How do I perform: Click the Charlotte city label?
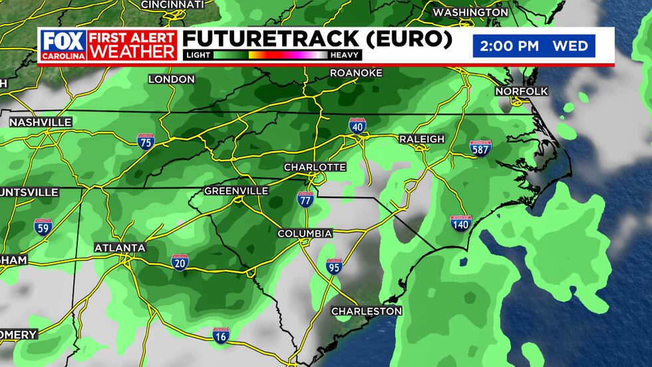[x=315, y=167]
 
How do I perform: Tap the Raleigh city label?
[x=421, y=139]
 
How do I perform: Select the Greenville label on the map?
[x=236, y=191]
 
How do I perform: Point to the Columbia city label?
[x=305, y=234]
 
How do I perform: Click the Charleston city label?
[x=367, y=311]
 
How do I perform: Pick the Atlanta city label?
[x=120, y=248]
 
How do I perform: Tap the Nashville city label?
[x=41, y=123]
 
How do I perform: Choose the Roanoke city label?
[x=356, y=73]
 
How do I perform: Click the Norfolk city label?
[x=521, y=91]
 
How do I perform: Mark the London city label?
[x=171, y=79]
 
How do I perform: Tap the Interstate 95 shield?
[x=335, y=267]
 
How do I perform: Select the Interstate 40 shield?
[x=357, y=125]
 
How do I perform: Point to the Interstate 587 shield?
[x=480, y=148]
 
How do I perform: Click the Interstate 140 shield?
[x=460, y=223]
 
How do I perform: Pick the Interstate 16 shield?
[x=222, y=336]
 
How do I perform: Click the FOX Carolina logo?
[x=63, y=45]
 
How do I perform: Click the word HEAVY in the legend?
[x=346, y=55]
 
